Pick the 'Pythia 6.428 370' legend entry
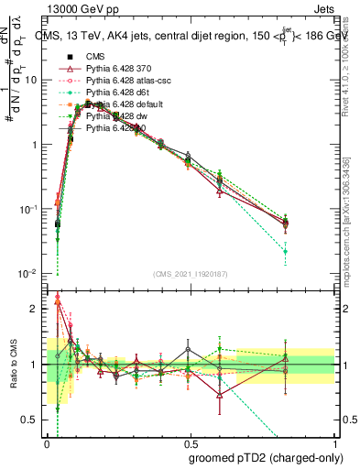tap(115, 69)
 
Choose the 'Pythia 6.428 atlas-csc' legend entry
tap(125, 81)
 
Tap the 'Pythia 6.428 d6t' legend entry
tap(115, 93)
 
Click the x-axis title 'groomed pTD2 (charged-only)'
tap(261, 457)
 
